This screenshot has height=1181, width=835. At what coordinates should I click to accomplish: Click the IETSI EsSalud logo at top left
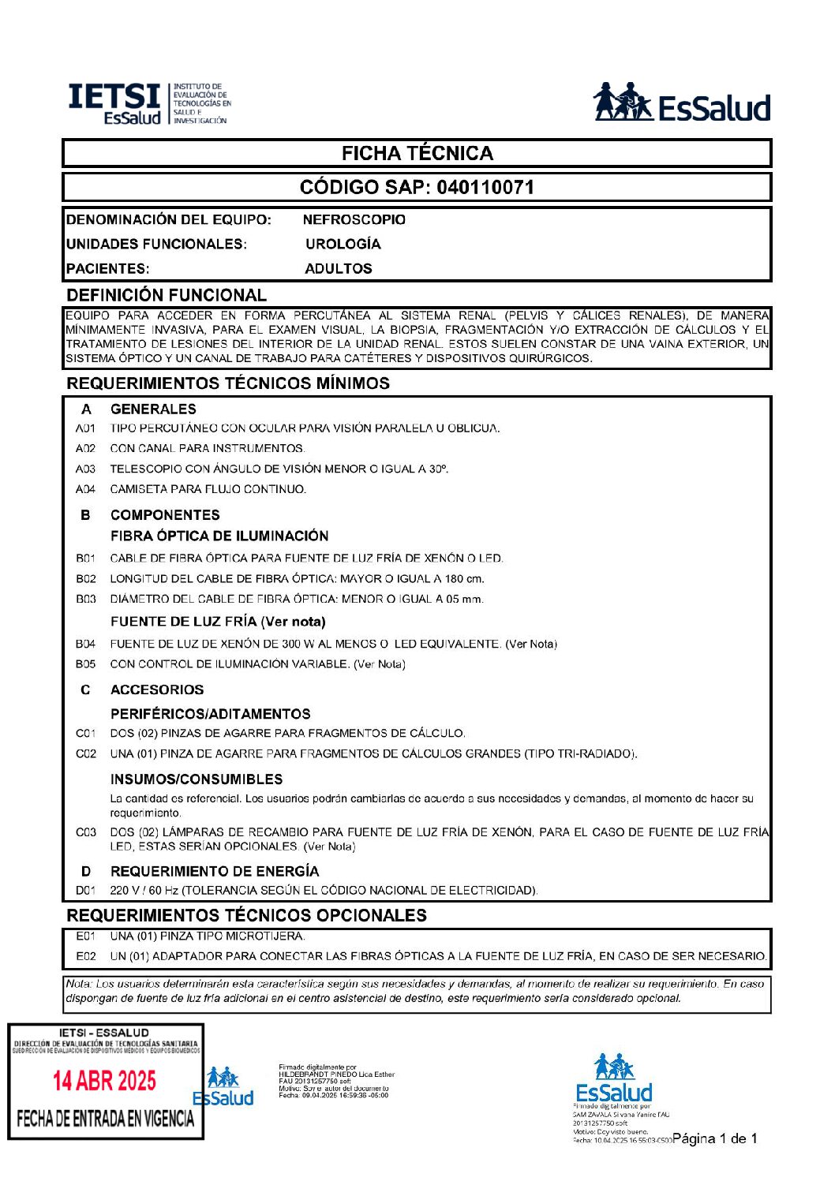pyautogui.click(x=149, y=103)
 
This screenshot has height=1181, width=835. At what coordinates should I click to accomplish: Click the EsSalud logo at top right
pyautogui.click(x=681, y=103)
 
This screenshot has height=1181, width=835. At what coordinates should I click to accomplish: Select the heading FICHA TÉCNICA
pyautogui.click(x=417, y=154)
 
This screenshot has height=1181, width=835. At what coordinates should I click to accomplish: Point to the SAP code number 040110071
pyautogui.click(x=485, y=188)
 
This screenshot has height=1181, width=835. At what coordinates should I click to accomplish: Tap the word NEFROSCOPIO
pyautogui.click(x=354, y=220)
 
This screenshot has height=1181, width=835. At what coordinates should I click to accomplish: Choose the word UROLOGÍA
pyautogui.click(x=343, y=245)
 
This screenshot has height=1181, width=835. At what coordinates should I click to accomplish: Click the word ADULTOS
pyautogui.click(x=338, y=269)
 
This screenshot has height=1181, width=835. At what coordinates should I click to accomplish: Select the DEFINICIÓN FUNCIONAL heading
pyautogui.click(x=167, y=296)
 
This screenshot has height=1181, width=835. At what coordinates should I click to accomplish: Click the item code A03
pyautogui.click(x=85, y=469)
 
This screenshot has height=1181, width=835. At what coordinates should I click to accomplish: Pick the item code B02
pyautogui.click(x=86, y=579)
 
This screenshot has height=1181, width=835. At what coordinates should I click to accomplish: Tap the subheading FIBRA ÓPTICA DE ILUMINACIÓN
pyautogui.click(x=219, y=536)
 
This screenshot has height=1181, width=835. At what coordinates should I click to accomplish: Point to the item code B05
pyautogui.click(x=86, y=664)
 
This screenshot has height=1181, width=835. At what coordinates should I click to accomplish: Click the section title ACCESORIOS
pyautogui.click(x=157, y=690)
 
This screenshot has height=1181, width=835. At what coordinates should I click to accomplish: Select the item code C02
pyautogui.click(x=86, y=754)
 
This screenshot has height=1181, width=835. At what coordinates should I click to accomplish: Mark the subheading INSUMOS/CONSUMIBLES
pyautogui.click(x=197, y=779)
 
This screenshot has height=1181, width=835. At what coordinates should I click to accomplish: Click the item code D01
pyautogui.click(x=85, y=891)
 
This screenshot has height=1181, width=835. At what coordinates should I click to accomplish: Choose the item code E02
pyautogui.click(x=86, y=956)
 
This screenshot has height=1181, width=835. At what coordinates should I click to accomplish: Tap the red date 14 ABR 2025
pyautogui.click(x=104, y=1081)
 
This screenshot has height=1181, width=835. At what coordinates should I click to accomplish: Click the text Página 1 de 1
pyautogui.click(x=715, y=1138)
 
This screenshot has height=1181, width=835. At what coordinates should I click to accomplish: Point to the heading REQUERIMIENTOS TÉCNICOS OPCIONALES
pyautogui.click(x=247, y=916)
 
